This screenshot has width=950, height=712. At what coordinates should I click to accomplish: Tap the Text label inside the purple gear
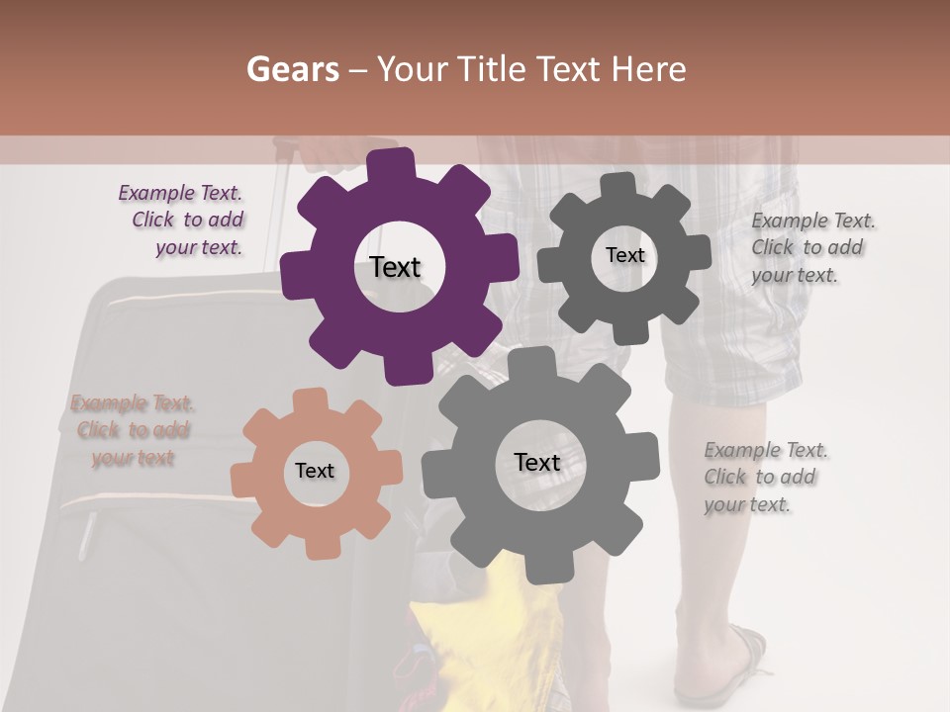pyautogui.click(x=395, y=267)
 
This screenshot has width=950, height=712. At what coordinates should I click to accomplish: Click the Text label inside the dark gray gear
pyautogui.click(x=624, y=255)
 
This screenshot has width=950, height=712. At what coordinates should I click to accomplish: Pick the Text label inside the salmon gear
pyautogui.click(x=315, y=471)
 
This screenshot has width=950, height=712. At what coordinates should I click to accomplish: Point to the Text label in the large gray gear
pyautogui.click(x=537, y=462)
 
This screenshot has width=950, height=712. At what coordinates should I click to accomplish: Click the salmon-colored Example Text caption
pyautogui.click(x=132, y=430)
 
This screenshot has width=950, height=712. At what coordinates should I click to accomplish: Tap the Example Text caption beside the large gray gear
pyautogui.click(x=765, y=477)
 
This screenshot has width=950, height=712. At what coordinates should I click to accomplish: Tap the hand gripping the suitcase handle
pyautogui.click(x=332, y=153)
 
